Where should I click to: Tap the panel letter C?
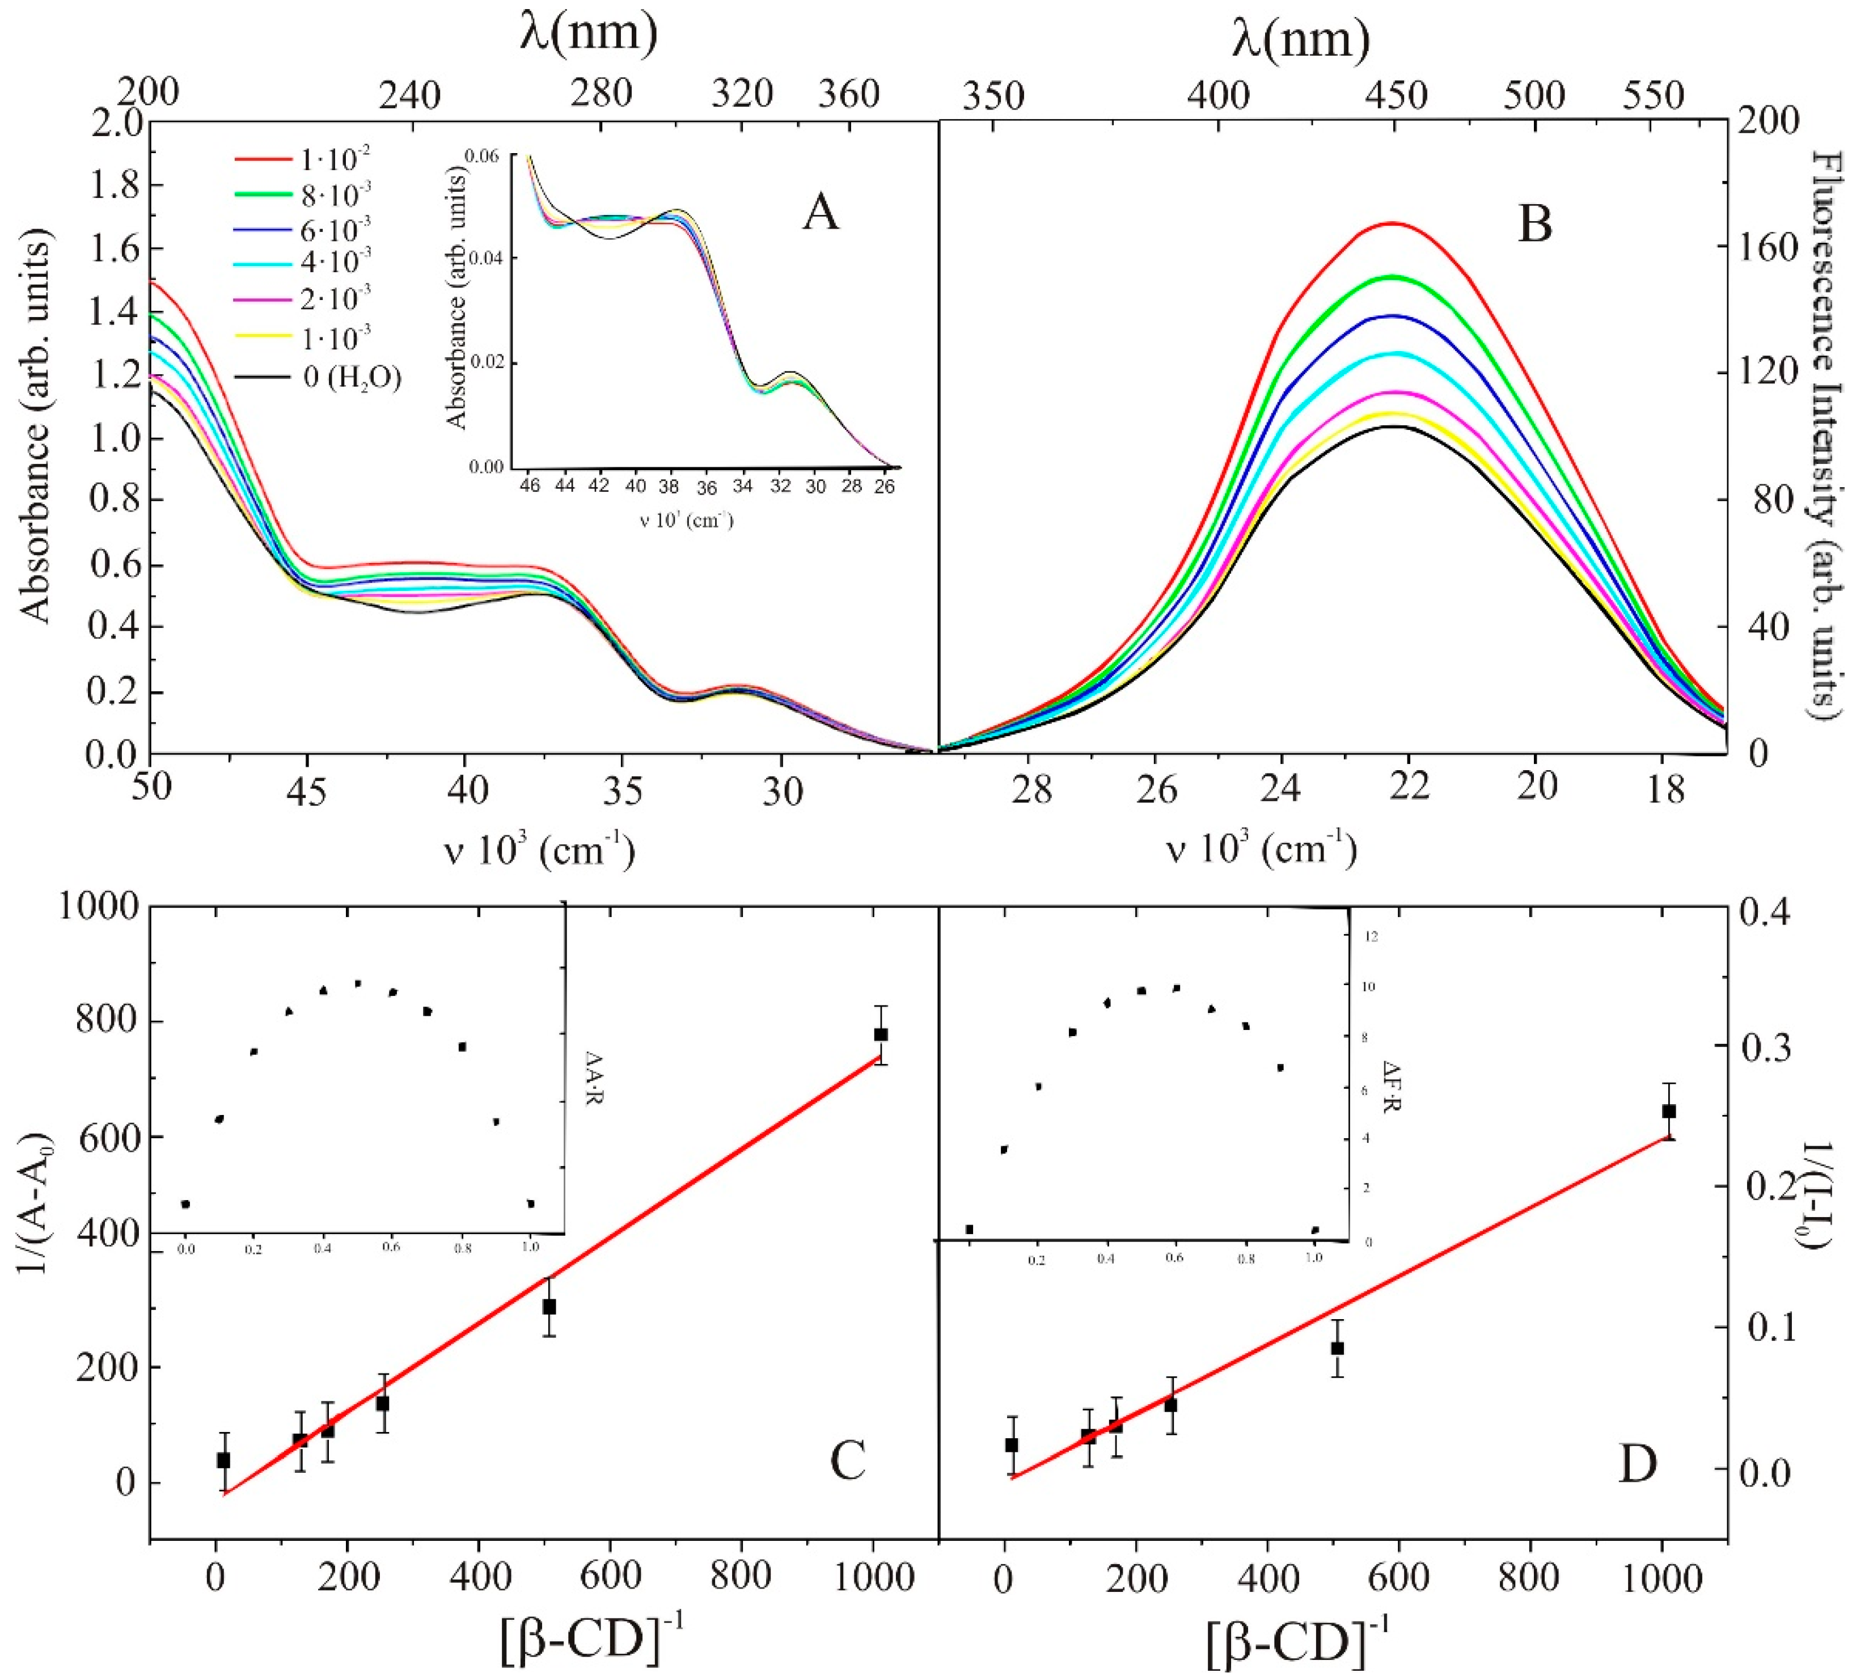pos(847,1461)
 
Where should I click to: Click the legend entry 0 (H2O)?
pos(352,377)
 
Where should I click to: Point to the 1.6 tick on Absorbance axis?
pos(113,248)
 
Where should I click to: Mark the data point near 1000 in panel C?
pos(880,1034)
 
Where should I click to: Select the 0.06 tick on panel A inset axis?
pos(486,156)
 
